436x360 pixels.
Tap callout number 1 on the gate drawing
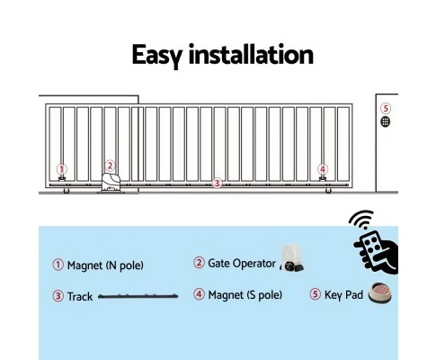[61, 168]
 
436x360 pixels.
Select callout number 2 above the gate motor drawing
[110, 166]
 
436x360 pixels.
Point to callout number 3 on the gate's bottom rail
[216, 183]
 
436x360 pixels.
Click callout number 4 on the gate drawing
[322, 168]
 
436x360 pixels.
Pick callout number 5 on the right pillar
[385, 109]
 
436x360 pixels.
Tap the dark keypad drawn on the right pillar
[385, 121]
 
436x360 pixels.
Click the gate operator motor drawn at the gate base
[111, 183]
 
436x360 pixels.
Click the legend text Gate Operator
[240, 264]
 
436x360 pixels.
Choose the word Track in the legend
[80, 295]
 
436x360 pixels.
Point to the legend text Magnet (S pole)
[245, 295]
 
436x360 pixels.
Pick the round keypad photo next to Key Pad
[380, 293]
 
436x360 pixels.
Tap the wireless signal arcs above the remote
[361, 221]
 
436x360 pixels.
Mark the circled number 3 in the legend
[58, 295]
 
